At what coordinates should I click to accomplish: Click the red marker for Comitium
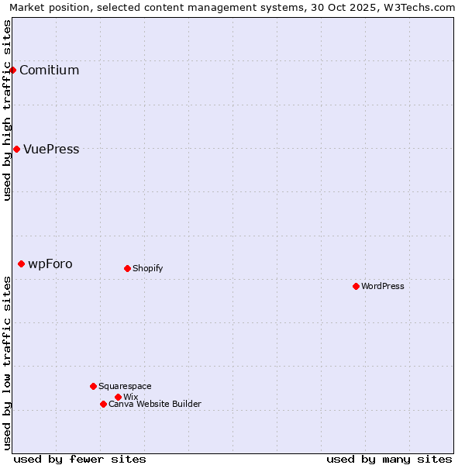[x=12, y=70]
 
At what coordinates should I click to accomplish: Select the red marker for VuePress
[x=16, y=149]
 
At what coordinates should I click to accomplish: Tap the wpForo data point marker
[x=21, y=263]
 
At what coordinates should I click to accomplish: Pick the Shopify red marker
[x=127, y=268]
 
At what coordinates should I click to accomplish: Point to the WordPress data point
[x=356, y=286]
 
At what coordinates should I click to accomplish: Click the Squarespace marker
[x=93, y=386]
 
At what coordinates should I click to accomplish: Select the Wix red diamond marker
[x=118, y=397]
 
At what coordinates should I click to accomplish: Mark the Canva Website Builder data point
[x=103, y=404]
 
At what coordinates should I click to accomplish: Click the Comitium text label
[x=49, y=71]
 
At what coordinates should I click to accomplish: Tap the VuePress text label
[x=51, y=150]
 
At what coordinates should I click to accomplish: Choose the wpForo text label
[x=50, y=264]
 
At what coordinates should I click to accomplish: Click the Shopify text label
[x=147, y=269]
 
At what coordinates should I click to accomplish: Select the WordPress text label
[x=383, y=287]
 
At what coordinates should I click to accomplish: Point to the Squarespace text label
[x=125, y=387]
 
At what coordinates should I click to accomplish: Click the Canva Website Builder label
[x=155, y=405]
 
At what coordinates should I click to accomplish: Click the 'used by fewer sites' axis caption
[x=80, y=459]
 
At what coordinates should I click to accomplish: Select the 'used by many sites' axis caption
[x=389, y=459]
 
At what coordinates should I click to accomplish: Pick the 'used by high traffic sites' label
[x=8, y=110]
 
